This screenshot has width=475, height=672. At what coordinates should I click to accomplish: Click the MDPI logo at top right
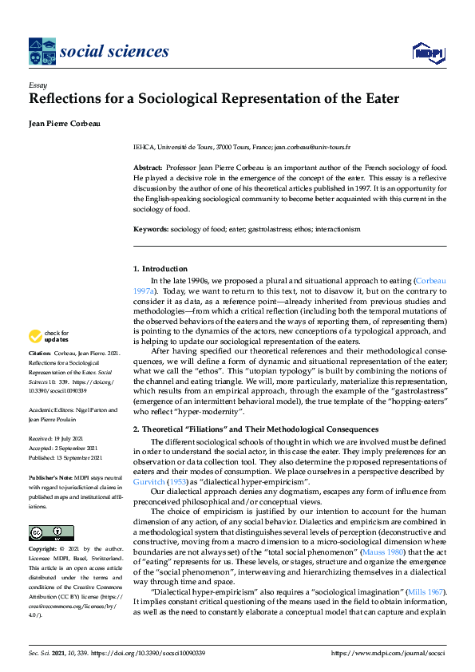(x=427, y=53)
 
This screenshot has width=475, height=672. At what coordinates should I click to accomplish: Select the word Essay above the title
(x=38, y=85)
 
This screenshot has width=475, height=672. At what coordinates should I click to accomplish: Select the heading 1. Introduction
(x=160, y=269)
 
